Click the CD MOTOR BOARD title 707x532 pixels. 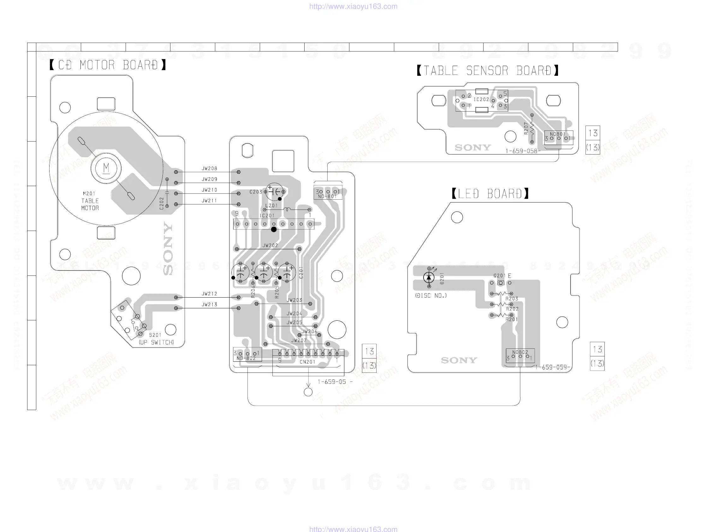(x=108, y=65)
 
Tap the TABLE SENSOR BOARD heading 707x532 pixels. (x=487, y=70)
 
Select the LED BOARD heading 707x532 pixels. (x=490, y=194)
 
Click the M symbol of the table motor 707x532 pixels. (x=106, y=168)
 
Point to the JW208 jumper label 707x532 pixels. (x=209, y=168)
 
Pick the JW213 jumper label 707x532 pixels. (x=209, y=304)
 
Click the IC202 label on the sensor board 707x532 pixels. (x=481, y=100)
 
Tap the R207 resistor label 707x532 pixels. (x=526, y=128)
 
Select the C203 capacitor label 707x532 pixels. (x=256, y=192)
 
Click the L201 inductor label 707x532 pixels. (x=271, y=205)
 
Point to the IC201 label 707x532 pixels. (x=267, y=216)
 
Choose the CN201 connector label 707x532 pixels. (x=307, y=362)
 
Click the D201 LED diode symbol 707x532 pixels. (x=429, y=277)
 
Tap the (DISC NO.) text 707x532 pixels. (x=431, y=296)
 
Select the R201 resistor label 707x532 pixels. (x=512, y=319)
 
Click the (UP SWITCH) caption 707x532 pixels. (x=156, y=342)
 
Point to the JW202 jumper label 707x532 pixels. (x=270, y=245)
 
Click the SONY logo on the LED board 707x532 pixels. (x=459, y=360)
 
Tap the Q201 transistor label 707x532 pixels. (x=499, y=275)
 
